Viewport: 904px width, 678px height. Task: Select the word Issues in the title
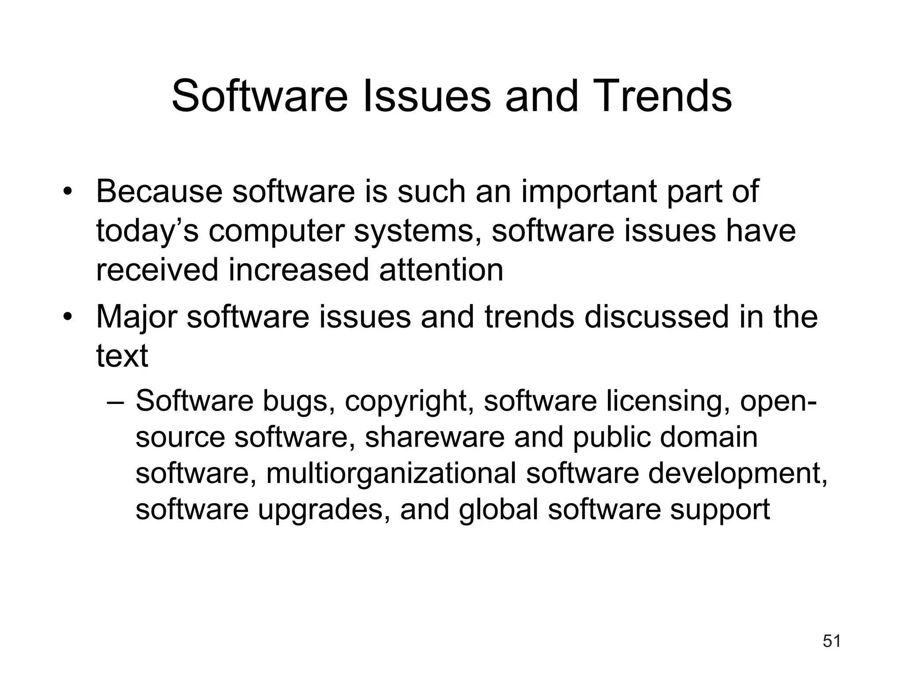(x=426, y=96)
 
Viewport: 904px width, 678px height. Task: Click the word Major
(x=136, y=317)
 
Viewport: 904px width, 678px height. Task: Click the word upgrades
(x=324, y=510)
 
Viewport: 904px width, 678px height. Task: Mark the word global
(x=498, y=510)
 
